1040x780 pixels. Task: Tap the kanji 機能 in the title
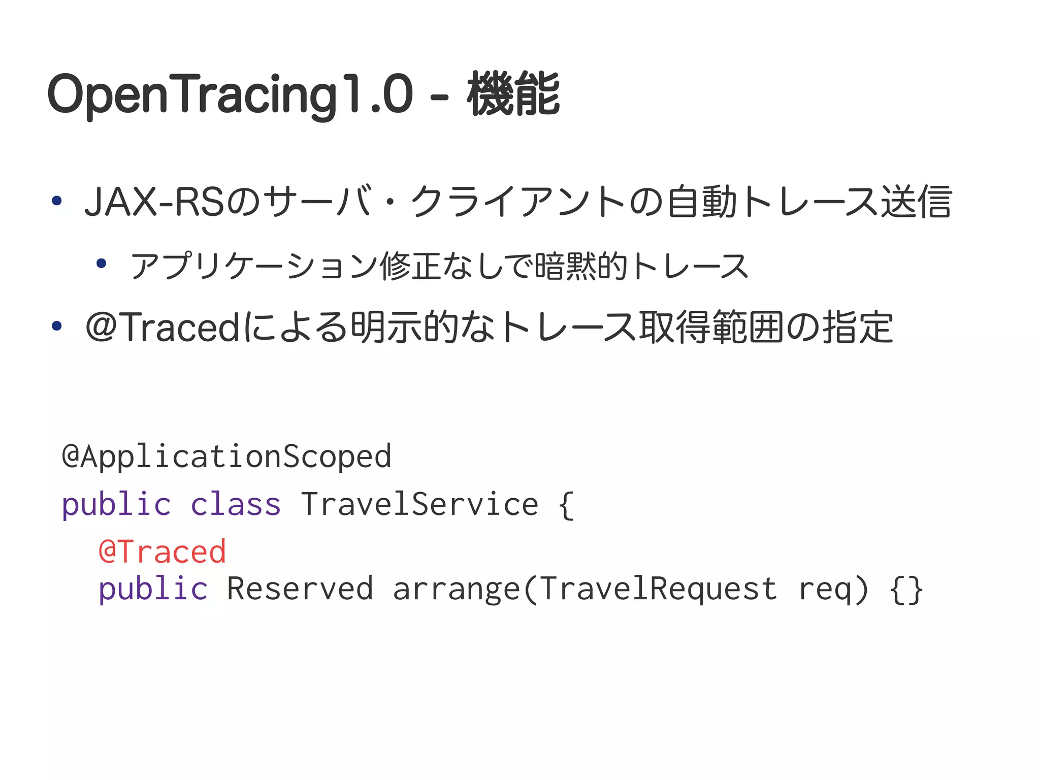[x=513, y=95]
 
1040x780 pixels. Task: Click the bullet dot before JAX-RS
[x=57, y=201]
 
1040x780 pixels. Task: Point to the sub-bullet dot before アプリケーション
[x=102, y=263]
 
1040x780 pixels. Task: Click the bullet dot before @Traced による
[x=57, y=326]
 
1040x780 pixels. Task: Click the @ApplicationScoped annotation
[x=226, y=456]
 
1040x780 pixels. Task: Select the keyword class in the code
[x=236, y=505]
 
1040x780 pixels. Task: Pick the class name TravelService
[x=419, y=505]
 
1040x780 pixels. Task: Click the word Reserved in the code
[x=300, y=589]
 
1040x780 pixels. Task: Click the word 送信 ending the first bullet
[x=916, y=202]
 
